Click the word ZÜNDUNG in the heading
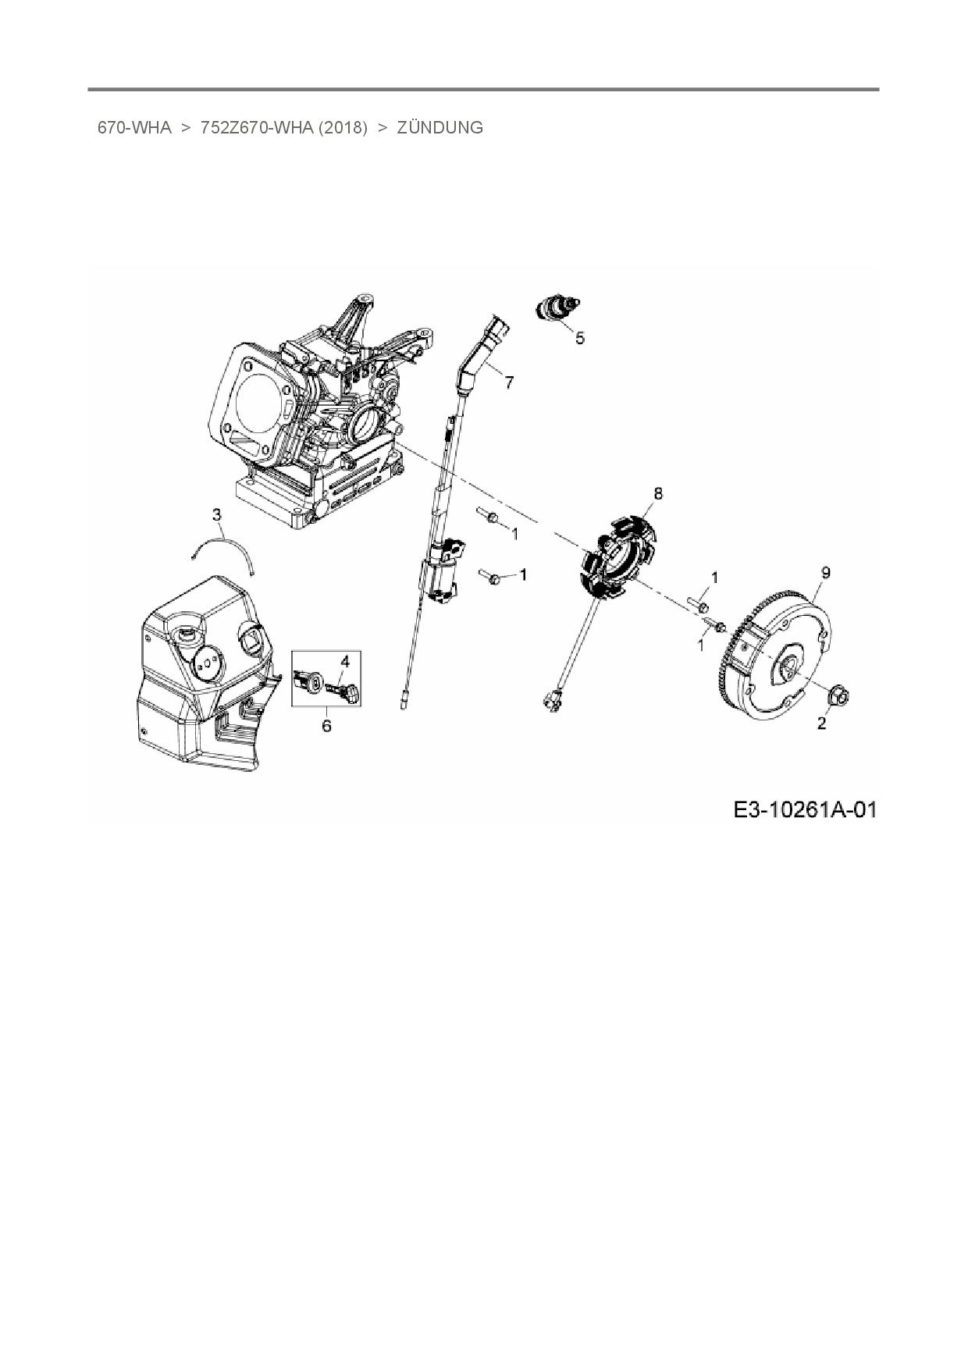pyautogui.click(x=440, y=128)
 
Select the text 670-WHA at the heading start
pyautogui.click(x=134, y=128)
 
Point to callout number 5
pyautogui.click(x=579, y=338)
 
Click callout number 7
pyautogui.click(x=509, y=382)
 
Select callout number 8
pyautogui.click(x=658, y=493)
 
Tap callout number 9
pyautogui.click(x=826, y=572)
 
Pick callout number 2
pyautogui.click(x=821, y=724)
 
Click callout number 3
pyautogui.click(x=217, y=514)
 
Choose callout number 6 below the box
pyautogui.click(x=326, y=726)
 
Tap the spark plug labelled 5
pyautogui.click(x=557, y=308)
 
